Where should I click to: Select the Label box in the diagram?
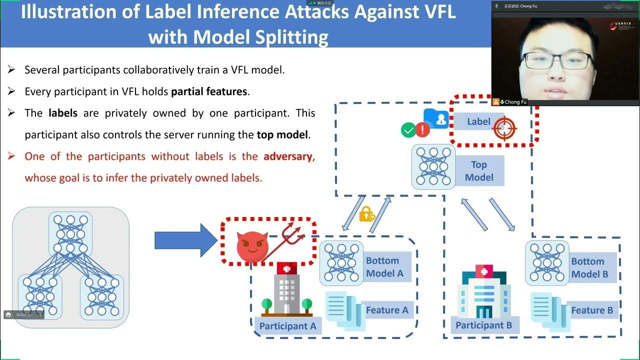click(x=478, y=121)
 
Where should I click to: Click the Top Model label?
click(x=479, y=171)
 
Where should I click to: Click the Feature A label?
click(x=387, y=310)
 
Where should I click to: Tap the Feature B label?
click(x=592, y=310)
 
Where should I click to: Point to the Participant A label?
click(x=288, y=326)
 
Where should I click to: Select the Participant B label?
click(x=483, y=325)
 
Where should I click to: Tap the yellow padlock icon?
click(x=366, y=214)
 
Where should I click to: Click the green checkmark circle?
click(x=408, y=130)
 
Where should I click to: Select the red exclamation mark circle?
click(x=422, y=130)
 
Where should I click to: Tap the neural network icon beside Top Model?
click(x=433, y=167)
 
